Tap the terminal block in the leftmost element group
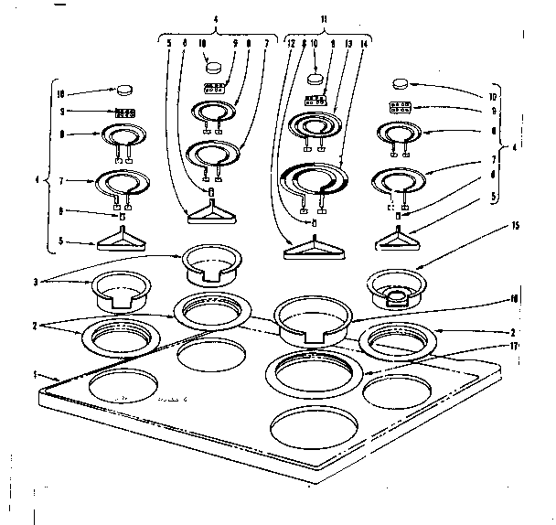(x=124, y=113)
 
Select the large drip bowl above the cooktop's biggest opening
(x=314, y=321)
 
